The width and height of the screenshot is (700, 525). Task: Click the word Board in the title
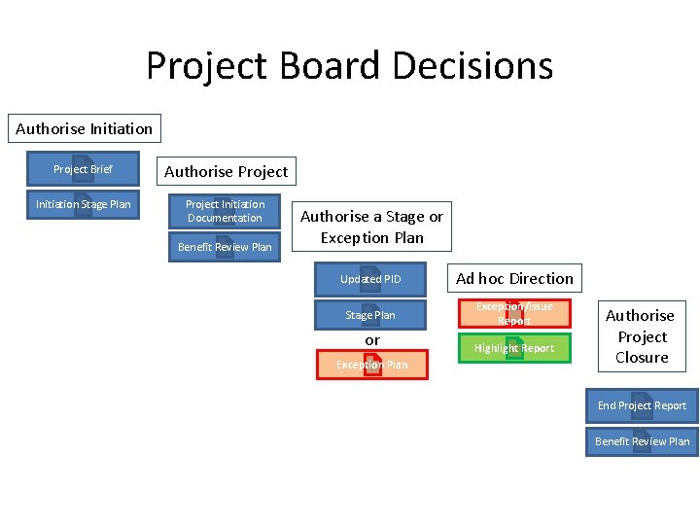click(327, 66)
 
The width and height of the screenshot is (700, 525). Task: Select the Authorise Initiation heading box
click(85, 128)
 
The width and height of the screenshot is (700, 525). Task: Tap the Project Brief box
click(83, 169)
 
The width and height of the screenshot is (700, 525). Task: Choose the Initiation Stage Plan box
click(83, 204)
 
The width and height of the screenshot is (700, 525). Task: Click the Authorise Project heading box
click(226, 171)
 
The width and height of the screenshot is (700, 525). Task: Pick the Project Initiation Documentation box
click(225, 211)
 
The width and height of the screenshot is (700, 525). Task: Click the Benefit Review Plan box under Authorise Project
click(225, 247)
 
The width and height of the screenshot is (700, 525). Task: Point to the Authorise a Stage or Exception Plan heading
click(371, 227)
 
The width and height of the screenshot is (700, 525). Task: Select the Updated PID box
click(370, 279)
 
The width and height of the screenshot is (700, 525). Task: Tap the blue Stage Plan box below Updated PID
click(370, 315)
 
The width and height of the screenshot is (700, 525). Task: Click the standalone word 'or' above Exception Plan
click(372, 340)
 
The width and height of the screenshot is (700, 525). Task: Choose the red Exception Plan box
click(372, 365)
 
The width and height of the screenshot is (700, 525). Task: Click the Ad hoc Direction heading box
click(514, 278)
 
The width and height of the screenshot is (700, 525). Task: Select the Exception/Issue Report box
click(514, 313)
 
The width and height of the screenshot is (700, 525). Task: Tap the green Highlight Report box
click(514, 348)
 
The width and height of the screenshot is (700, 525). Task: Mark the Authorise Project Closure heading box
click(640, 336)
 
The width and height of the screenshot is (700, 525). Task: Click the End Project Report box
click(642, 405)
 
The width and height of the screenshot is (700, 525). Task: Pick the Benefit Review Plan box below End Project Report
click(642, 441)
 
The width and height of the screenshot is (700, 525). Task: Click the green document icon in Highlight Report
click(515, 348)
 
